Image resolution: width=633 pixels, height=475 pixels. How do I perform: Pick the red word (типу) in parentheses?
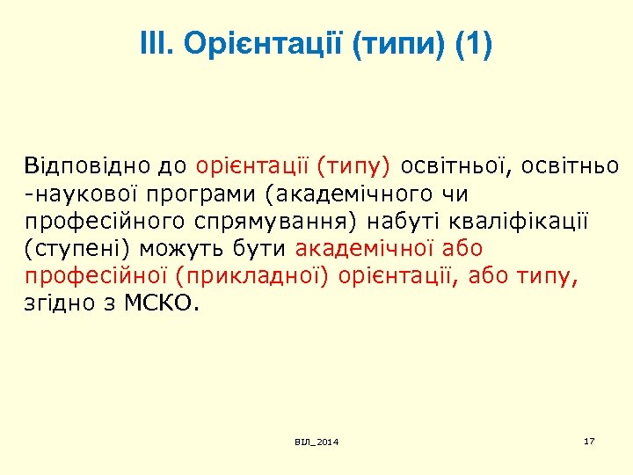tap(357, 166)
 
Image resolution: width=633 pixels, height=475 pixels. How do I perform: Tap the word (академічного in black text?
tap(338, 194)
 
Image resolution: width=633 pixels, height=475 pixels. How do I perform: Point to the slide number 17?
tap(589, 440)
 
